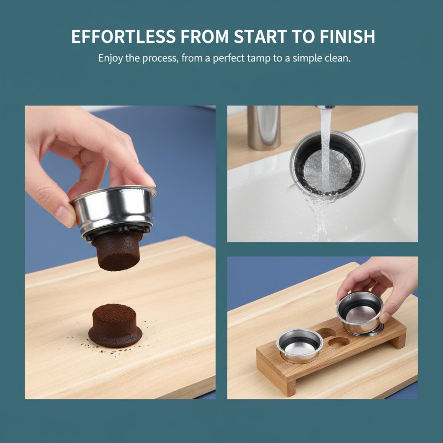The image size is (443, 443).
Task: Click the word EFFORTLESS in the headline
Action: click(x=123, y=36)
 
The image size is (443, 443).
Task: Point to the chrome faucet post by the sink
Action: click(x=264, y=128)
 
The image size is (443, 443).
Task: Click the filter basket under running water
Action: click(x=327, y=164)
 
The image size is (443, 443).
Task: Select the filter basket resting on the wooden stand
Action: click(x=300, y=346)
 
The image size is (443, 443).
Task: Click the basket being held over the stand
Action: click(x=359, y=312)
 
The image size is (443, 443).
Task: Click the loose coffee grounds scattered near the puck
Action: click(x=111, y=349)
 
